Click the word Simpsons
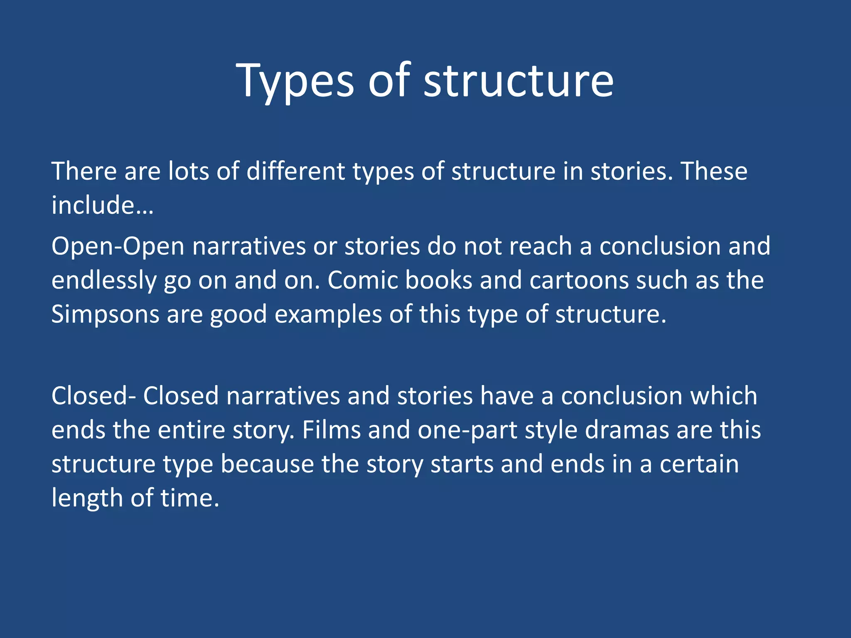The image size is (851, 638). [x=105, y=314]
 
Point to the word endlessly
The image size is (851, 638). [x=104, y=281]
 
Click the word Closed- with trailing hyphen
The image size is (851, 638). [x=93, y=395]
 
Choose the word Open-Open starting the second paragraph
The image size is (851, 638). [x=118, y=247]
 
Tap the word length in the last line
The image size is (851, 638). [x=87, y=498]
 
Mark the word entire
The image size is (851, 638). [x=191, y=430]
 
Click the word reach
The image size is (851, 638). [x=540, y=246]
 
